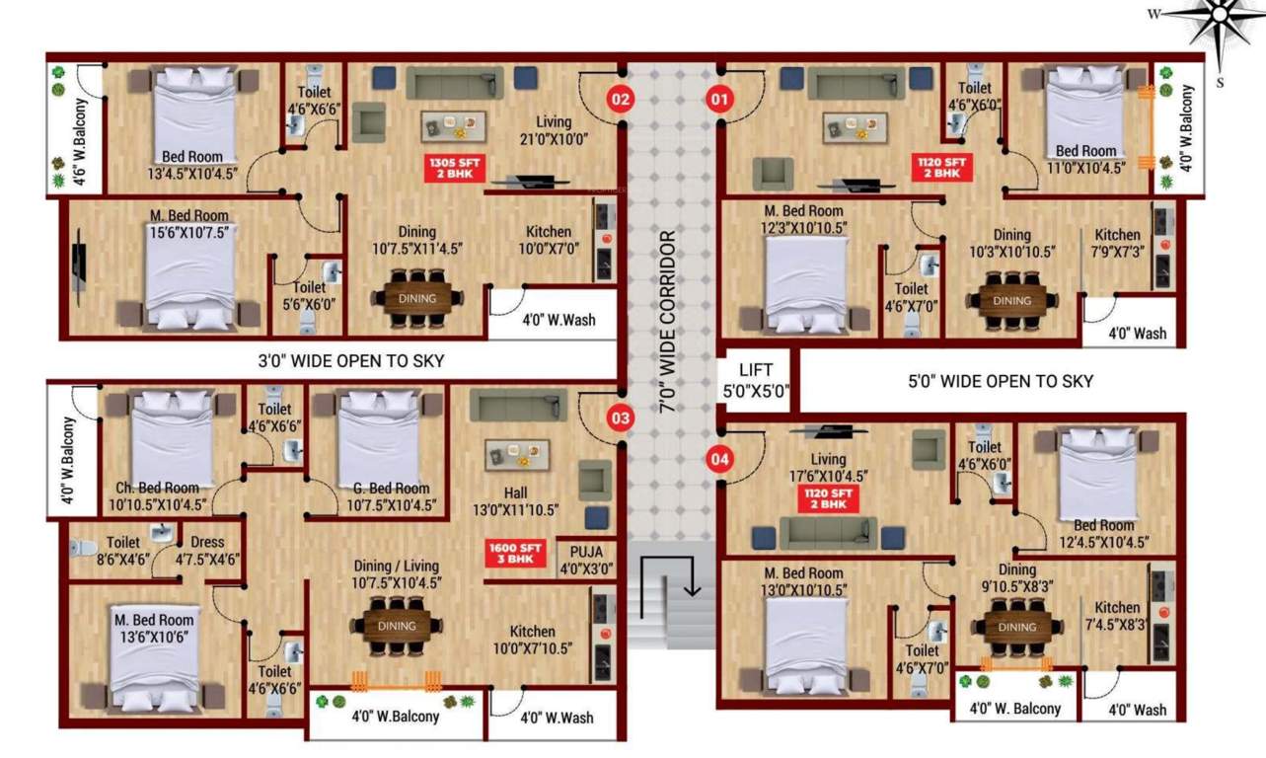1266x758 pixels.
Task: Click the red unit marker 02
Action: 620,100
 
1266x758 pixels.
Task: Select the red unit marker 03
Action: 620,418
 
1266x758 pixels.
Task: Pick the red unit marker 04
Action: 720,458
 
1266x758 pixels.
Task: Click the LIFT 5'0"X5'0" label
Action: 756,380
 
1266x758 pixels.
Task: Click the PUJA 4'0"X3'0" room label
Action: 585,560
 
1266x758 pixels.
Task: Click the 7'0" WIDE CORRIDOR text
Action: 668,320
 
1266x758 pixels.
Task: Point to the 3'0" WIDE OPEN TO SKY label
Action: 350,361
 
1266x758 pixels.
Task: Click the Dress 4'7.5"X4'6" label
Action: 207,550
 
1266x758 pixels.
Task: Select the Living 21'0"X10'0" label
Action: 554,131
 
